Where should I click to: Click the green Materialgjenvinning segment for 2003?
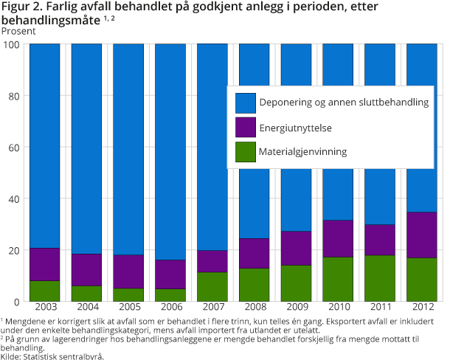(x=44, y=291)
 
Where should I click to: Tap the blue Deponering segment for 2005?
(x=129, y=148)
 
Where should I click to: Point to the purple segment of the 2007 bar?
(x=213, y=261)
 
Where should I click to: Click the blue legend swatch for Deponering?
(x=245, y=103)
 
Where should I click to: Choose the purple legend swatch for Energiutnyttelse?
(x=245, y=128)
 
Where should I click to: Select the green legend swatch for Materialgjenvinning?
(x=245, y=152)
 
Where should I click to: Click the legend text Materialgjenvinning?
(x=302, y=152)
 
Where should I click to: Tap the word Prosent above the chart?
(x=18, y=31)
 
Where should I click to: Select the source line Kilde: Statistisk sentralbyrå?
(x=52, y=356)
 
